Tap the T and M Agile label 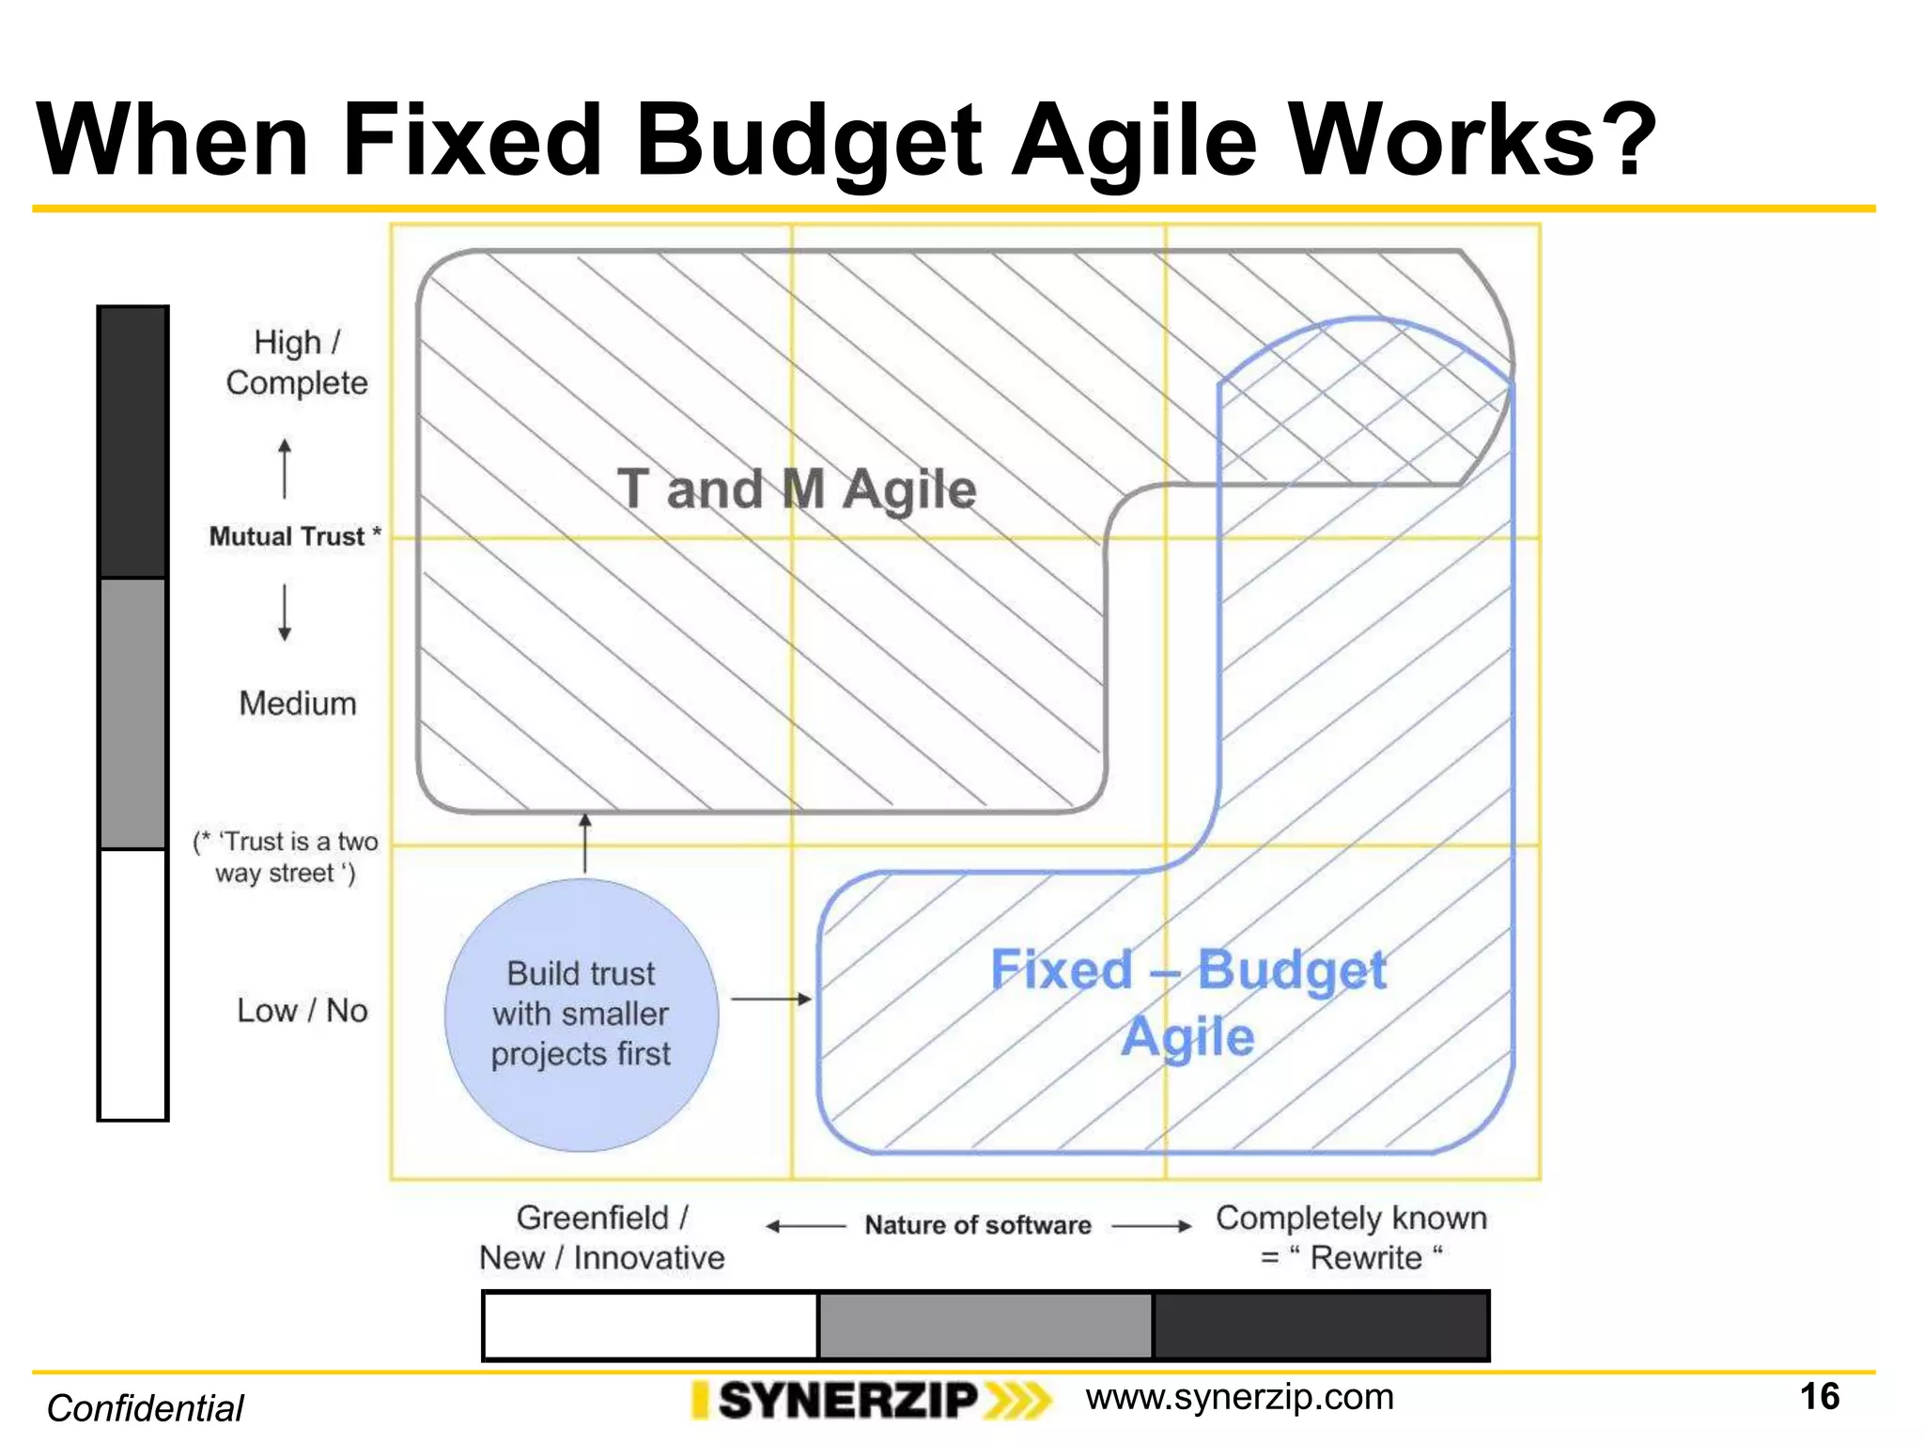click(x=797, y=489)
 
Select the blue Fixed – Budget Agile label click(x=1188, y=1002)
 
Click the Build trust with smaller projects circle click(x=582, y=1015)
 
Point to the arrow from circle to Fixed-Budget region click(x=770, y=999)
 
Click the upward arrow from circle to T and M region click(x=585, y=843)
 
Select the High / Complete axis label click(x=297, y=363)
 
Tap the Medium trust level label click(x=298, y=704)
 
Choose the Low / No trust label click(x=302, y=1011)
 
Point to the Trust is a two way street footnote click(x=286, y=857)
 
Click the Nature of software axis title click(x=978, y=1225)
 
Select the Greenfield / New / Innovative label click(x=602, y=1237)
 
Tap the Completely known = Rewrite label click(x=1351, y=1237)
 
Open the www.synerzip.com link click(x=1239, y=1398)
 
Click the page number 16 click(x=1819, y=1397)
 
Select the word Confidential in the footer click(x=146, y=1408)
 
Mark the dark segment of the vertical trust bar click(x=133, y=442)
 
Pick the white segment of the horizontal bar click(x=650, y=1326)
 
